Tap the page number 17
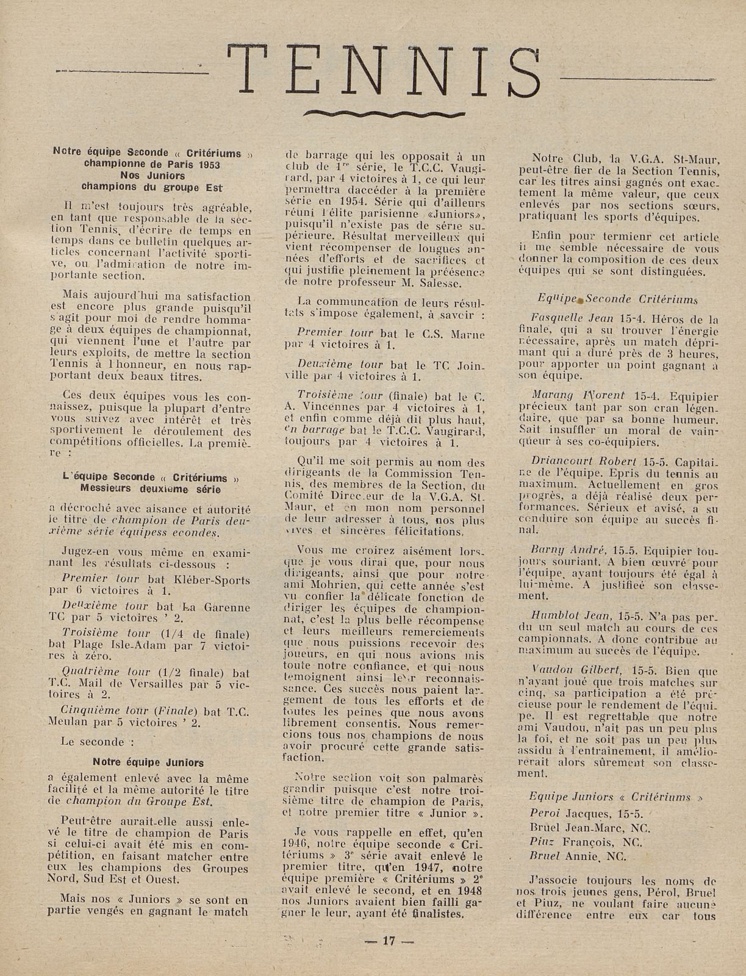click(x=389, y=940)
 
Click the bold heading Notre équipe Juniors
click(x=148, y=762)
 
